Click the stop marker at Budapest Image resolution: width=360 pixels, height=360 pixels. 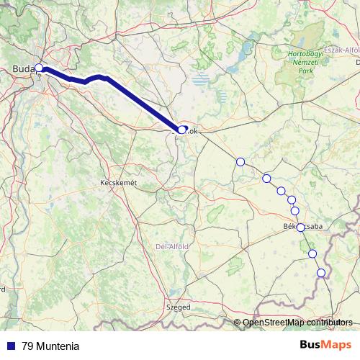(39, 69)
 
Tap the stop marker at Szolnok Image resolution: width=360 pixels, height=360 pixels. (182, 130)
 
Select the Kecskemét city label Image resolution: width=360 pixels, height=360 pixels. (117, 184)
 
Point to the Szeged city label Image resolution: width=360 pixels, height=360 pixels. (179, 307)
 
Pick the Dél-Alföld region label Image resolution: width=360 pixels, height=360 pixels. (172, 246)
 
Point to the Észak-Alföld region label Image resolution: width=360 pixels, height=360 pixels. (341, 50)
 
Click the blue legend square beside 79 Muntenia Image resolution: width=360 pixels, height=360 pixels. (10, 345)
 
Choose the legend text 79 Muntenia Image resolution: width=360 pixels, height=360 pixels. (50, 345)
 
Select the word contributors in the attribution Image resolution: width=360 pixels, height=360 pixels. (330, 322)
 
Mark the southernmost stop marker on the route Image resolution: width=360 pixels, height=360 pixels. (321, 272)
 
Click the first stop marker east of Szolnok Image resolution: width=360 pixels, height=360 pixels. (240, 161)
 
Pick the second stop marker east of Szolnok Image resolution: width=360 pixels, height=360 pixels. (266, 178)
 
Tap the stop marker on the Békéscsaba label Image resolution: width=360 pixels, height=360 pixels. (300, 227)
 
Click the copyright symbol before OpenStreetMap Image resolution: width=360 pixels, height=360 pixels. (238, 322)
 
